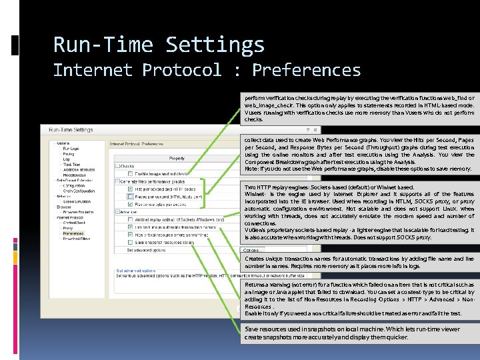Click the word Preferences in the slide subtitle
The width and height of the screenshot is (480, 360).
[306, 70]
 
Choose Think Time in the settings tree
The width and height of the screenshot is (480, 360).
[71, 165]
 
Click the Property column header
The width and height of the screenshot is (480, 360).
[177, 158]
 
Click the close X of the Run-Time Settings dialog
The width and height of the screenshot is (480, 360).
[315, 130]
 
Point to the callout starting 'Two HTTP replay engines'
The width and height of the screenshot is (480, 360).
[359, 211]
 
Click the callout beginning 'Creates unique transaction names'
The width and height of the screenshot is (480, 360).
[359, 262]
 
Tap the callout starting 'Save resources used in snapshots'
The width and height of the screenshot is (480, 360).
[359, 333]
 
